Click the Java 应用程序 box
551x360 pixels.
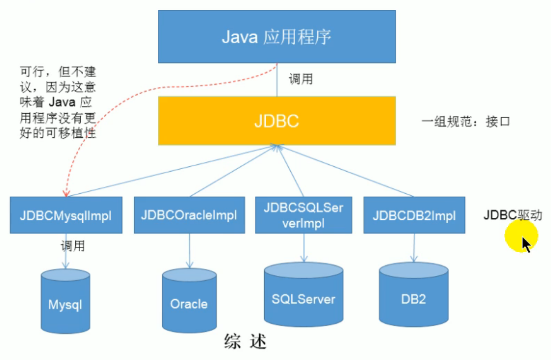pyautogui.click(x=277, y=36)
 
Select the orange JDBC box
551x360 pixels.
pyautogui.click(x=277, y=121)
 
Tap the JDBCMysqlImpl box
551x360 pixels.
pyautogui.click(x=66, y=215)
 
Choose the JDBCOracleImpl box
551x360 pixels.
pyautogui.click(x=189, y=215)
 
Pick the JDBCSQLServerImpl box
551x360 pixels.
pyautogui.click(x=304, y=215)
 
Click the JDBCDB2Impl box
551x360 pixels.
pyautogui.click(x=414, y=215)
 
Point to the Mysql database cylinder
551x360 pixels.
pyautogui.click(x=65, y=301)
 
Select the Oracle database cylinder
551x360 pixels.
pyautogui.click(x=189, y=300)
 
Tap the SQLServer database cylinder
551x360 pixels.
pyautogui.click(x=304, y=294)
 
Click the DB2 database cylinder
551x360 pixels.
pyautogui.click(x=414, y=294)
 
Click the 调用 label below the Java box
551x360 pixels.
pyautogui.click(x=301, y=79)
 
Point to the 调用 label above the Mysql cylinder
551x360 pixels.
pyautogui.click(x=73, y=246)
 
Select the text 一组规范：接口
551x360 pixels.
pyautogui.click(x=465, y=121)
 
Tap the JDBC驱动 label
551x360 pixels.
pyautogui.click(x=513, y=214)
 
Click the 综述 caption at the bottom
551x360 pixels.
pyautogui.click(x=245, y=341)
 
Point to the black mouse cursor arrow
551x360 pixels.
pyautogui.click(x=526, y=244)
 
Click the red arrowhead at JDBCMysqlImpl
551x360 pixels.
pyautogui.click(x=66, y=193)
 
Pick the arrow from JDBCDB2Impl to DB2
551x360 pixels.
pyautogui.click(x=414, y=248)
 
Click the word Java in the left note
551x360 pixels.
pyautogui.click(x=62, y=102)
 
